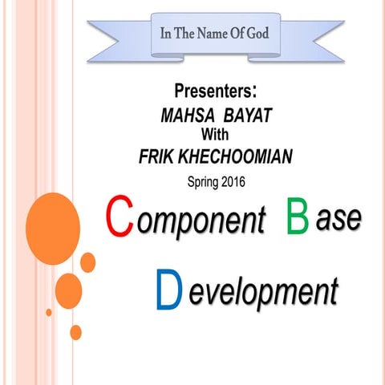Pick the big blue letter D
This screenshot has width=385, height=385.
tap(169, 290)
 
